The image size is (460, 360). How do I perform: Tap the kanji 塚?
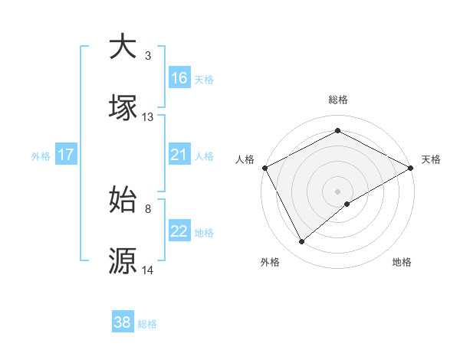[x=123, y=108]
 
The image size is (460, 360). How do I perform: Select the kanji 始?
[x=123, y=200]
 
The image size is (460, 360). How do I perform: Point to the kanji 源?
[x=123, y=261]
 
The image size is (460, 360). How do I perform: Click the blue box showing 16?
[x=179, y=78]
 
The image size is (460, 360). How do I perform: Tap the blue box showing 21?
[x=179, y=155]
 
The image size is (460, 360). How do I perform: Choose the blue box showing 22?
[x=179, y=231]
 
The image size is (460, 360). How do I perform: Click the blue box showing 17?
[x=65, y=155]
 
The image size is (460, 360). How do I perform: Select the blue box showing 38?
[x=123, y=322]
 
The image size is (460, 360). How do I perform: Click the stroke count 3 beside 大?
[x=148, y=55]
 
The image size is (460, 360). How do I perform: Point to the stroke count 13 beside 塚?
[x=148, y=117]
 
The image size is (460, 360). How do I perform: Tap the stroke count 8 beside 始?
[x=148, y=208]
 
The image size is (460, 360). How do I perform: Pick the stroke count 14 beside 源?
[x=148, y=270]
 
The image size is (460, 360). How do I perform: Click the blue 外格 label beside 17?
[x=41, y=155]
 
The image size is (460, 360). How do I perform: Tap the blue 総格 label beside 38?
[x=147, y=324]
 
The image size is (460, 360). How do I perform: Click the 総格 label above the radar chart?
[x=337, y=100]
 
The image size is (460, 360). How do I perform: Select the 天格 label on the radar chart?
[x=432, y=159]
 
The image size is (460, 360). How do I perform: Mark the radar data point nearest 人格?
[x=264, y=168]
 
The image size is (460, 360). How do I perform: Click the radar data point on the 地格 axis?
[x=347, y=204]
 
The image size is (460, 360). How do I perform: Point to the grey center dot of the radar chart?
[x=337, y=191]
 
